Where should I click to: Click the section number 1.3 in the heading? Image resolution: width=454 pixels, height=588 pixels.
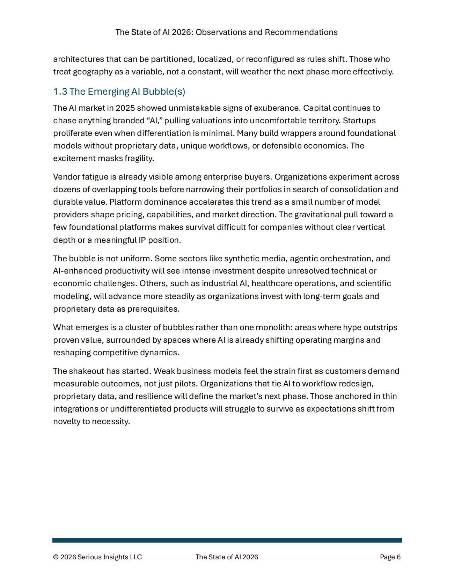pyautogui.click(x=60, y=92)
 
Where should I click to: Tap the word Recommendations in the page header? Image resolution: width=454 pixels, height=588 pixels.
pyautogui.click(x=301, y=32)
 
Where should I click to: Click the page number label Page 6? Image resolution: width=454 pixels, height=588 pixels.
pyautogui.click(x=390, y=557)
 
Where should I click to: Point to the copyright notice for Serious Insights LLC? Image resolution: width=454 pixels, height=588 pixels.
pyautogui.click(x=97, y=557)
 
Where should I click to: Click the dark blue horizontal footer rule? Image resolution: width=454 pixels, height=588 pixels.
pyautogui.click(x=227, y=540)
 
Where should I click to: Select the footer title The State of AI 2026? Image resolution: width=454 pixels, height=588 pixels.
pyautogui.click(x=227, y=557)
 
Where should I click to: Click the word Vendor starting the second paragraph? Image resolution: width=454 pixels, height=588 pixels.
pyautogui.click(x=66, y=177)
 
